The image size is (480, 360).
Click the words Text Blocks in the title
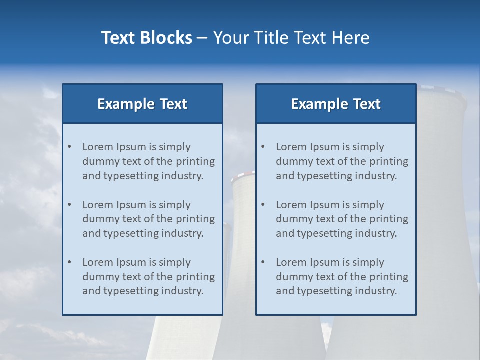tap(146, 38)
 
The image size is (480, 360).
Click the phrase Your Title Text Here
tap(291, 38)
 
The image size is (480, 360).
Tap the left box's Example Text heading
tap(142, 104)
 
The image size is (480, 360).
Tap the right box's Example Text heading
tap(336, 104)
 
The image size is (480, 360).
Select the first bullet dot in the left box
tap(69, 147)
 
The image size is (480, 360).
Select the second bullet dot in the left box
tap(69, 205)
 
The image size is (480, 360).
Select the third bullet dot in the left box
tap(69, 262)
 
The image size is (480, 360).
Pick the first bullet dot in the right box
tap(263, 147)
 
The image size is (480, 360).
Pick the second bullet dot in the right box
tap(263, 205)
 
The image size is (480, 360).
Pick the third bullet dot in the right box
tap(263, 262)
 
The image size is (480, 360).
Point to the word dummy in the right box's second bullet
tap(292, 219)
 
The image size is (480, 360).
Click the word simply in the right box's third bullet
tap(368, 262)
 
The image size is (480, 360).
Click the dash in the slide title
tap(202, 38)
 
